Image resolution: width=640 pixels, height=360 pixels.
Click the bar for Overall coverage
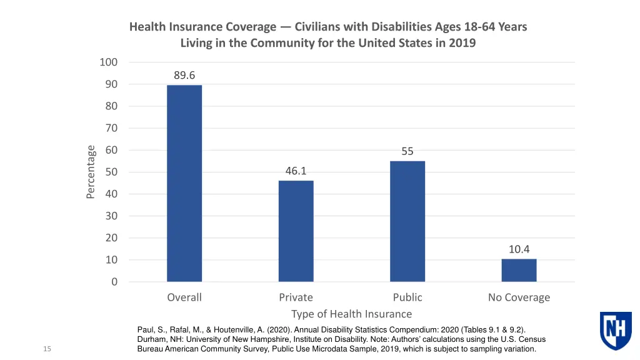pos(184,183)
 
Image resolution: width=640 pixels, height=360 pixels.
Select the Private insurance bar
pos(296,231)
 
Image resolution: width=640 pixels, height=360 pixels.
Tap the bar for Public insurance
pos(407,221)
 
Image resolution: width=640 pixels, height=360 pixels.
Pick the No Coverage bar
pos(519,270)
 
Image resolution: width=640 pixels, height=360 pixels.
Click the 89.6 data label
pos(184,76)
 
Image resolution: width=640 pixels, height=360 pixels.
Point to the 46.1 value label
pos(296,171)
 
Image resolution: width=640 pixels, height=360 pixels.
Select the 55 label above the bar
pos(407,151)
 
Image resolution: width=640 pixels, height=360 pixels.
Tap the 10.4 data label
pos(519,249)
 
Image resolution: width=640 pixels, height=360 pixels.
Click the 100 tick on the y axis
pos(108,62)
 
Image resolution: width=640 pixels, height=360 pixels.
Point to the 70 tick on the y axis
pos(110,128)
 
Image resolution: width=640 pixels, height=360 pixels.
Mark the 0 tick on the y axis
pos(114,282)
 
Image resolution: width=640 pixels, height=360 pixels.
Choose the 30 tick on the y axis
pos(110,216)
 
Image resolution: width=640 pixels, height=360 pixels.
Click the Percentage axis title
pos(91,172)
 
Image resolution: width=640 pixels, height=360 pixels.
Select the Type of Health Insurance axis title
pos(351,314)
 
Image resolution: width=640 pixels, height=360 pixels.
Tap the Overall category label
pos(184,297)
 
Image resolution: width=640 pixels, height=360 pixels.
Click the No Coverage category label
pos(519,297)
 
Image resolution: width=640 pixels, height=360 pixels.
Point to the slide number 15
pos(47,349)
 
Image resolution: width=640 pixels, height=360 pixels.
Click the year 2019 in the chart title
pos(462,43)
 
